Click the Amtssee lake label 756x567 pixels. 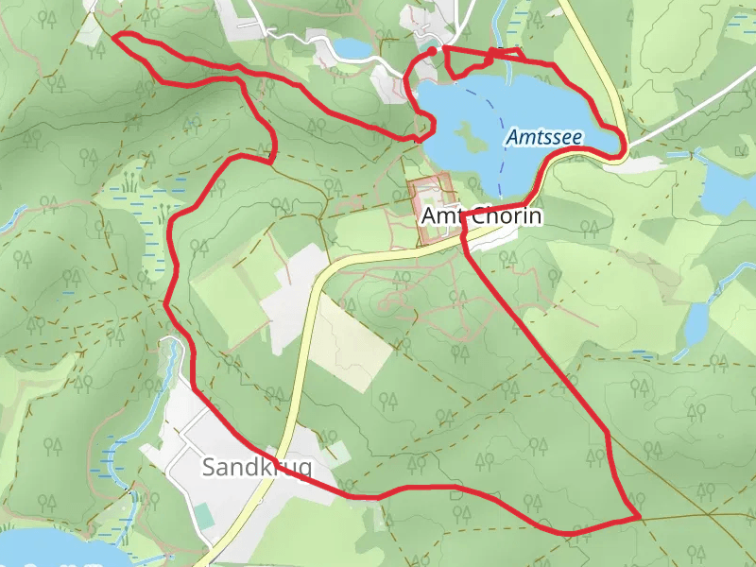coord(543,137)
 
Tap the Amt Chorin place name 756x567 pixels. coord(481,216)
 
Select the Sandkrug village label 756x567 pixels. coord(256,467)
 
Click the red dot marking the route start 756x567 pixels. coord(432,50)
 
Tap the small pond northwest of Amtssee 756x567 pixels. coord(352,46)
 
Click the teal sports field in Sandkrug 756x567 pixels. coord(204,515)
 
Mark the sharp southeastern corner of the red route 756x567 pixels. coord(640,517)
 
